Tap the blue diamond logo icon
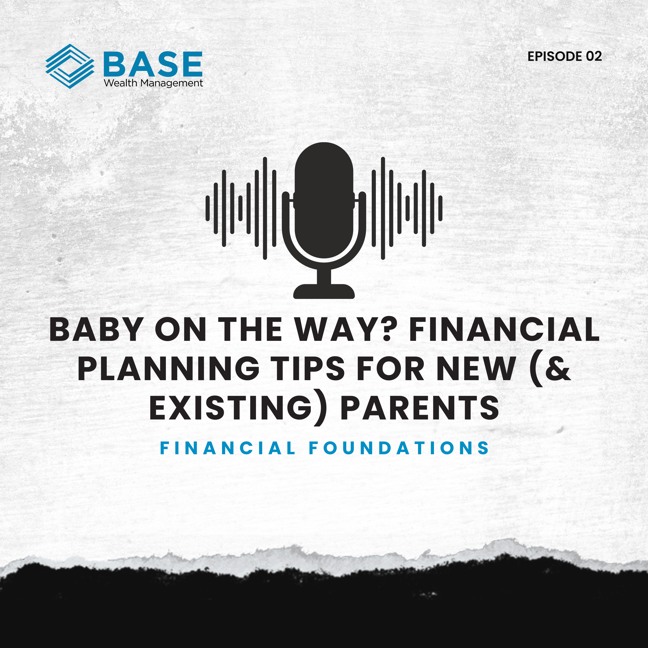[x=70, y=66]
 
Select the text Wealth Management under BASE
[x=153, y=83]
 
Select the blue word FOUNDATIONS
[x=399, y=448]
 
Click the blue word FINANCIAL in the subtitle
[x=228, y=448]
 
